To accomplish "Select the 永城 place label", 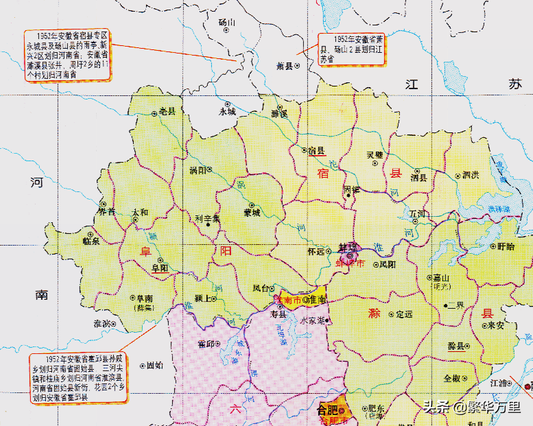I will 227,110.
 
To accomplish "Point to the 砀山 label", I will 227,22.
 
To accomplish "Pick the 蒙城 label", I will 252,213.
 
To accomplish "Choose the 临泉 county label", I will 91,240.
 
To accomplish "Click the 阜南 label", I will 145,298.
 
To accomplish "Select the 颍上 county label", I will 202,299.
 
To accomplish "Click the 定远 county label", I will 404,314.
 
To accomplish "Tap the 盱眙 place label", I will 506,246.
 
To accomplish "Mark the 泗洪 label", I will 471,174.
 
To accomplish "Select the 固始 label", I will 154,366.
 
